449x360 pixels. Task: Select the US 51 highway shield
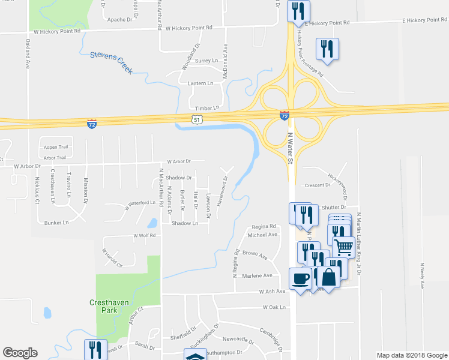click(x=197, y=120)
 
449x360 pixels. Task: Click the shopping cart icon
click(x=343, y=247)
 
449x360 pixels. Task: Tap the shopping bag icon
click(x=328, y=277)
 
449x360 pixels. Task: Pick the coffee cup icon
click(x=301, y=278)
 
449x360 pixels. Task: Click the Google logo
click(x=20, y=353)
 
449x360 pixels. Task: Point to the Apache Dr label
click(x=119, y=20)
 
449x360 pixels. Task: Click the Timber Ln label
click(x=208, y=108)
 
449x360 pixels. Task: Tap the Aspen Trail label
click(x=55, y=147)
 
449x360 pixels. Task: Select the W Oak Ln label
click(x=273, y=307)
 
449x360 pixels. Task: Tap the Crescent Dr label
click(x=318, y=185)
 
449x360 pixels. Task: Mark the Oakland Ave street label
click(x=28, y=54)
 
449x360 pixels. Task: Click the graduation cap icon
click(x=195, y=356)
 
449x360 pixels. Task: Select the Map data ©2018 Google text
click(x=411, y=355)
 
